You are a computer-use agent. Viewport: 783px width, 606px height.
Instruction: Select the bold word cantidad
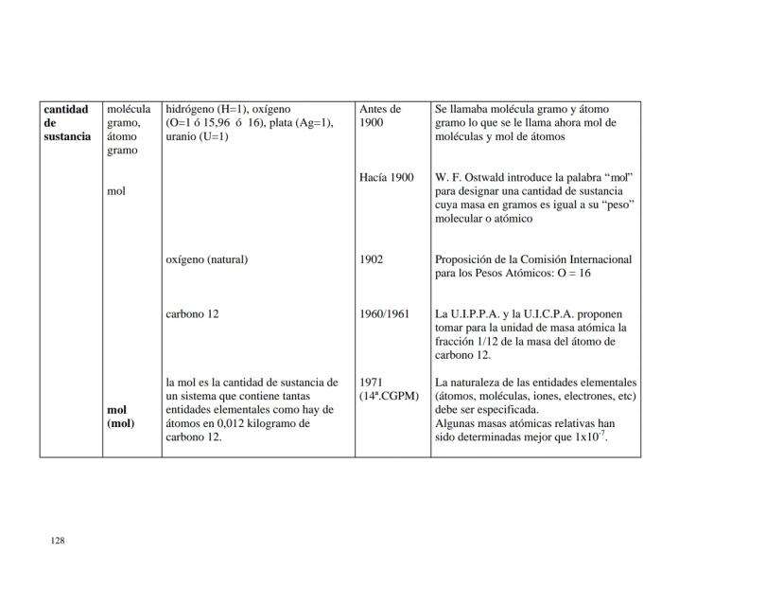[66, 109]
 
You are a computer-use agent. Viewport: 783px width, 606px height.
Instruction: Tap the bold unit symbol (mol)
[121, 423]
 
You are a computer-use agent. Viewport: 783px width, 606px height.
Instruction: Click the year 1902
[371, 259]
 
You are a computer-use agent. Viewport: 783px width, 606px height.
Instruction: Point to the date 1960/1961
[384, 313]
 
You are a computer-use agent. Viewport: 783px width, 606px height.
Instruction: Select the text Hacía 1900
[386, 177]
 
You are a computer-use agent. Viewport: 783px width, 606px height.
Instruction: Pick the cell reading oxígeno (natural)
[206, 259]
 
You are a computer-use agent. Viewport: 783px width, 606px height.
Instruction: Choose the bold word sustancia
[67, 136]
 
